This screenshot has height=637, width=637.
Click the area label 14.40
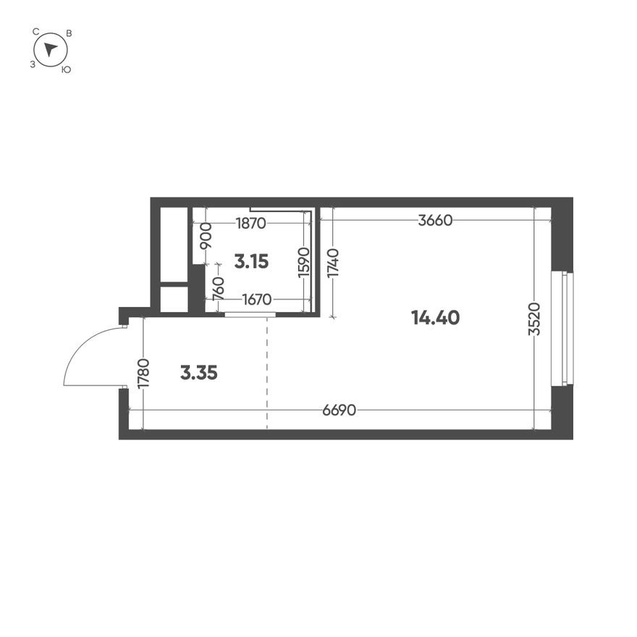coord(435,317)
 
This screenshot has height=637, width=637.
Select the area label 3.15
coord(251,261)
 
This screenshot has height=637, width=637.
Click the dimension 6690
coord(339,410)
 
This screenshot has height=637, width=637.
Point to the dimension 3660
coord(435,221)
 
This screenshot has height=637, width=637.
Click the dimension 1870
coord(251,224)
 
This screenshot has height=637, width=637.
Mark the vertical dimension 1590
coord(304,262)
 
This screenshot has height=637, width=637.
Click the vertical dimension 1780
coord(143,374)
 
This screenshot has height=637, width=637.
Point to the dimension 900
coord(206,237)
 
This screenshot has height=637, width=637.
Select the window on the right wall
coord(562,329)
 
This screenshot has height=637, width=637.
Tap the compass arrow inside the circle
coord(50,49)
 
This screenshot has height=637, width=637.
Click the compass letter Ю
coord(66,69)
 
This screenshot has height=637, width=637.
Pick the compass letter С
coord(35,32)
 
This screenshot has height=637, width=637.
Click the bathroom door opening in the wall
coord(250,315)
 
